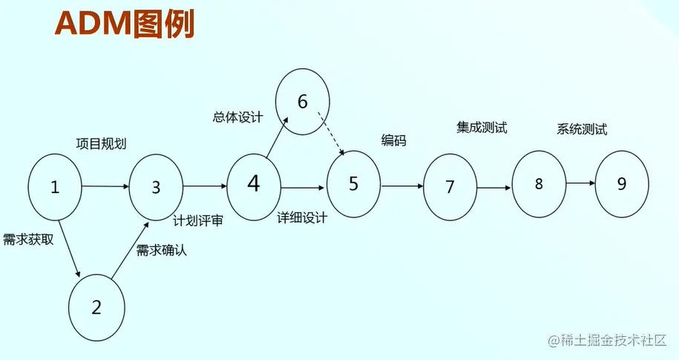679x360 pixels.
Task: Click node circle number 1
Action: point(55,186)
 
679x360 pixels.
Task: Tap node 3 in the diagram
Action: point(156,187)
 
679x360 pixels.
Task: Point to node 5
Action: point(353,183)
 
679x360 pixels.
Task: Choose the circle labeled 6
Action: point(302,102)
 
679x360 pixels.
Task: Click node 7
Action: point(450,187)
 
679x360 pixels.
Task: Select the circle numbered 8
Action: point(539,183)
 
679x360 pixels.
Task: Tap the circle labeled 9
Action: point(622,184)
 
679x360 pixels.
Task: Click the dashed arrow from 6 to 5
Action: point(331,134)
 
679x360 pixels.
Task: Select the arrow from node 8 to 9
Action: point(580,183)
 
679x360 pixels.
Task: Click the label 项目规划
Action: point(101,143)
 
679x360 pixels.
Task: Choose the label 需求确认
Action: point(162,249)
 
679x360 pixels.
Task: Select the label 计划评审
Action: point(198,220)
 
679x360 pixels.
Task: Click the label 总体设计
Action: point(237,117)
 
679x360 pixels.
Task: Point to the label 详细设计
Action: point(302,218)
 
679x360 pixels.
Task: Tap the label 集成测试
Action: point(482,127)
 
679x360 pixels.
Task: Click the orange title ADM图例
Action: point(124,24)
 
